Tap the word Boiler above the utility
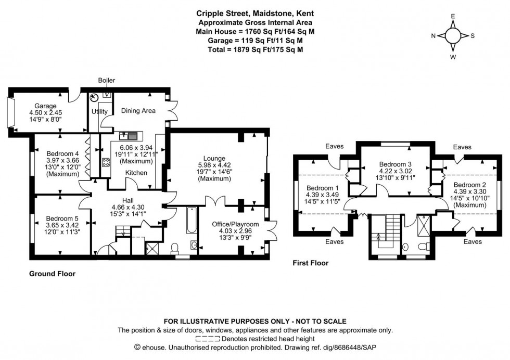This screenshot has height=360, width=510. [x=107, y=80]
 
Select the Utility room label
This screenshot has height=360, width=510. [x=99, y=111]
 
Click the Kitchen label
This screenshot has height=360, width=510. [x=136, y=172]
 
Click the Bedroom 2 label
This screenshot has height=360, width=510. [x=469, y=185]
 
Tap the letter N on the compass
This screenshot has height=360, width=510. [x=433, y=36]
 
